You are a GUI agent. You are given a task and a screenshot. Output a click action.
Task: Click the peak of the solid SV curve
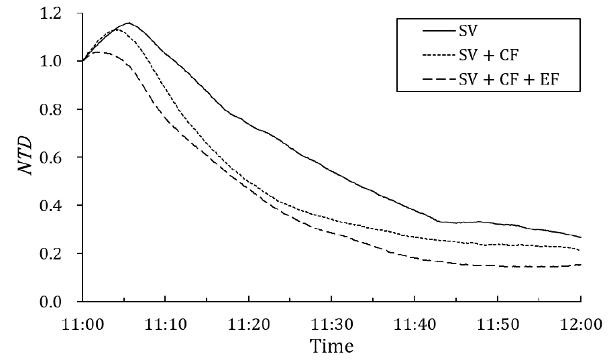coord(127,23)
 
